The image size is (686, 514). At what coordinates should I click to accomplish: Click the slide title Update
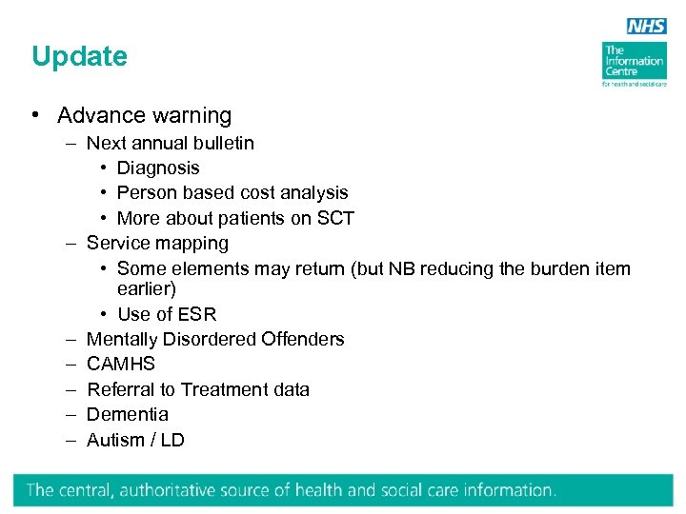click(79, 57)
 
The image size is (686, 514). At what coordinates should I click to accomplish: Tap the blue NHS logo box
click(646, 27)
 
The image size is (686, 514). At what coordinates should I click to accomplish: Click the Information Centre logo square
click(634, 61)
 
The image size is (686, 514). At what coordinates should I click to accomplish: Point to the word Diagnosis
click(158, 168)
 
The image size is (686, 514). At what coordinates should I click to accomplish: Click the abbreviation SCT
click(335, 218)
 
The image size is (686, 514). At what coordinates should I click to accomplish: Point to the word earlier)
click(146, 288)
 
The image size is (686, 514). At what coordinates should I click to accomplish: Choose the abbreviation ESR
click(195, 314)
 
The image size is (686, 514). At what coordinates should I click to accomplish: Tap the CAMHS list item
click(120, 364)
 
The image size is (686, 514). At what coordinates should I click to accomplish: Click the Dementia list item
click(127, 414)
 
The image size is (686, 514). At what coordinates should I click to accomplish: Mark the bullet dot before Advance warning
click(34, 116)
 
